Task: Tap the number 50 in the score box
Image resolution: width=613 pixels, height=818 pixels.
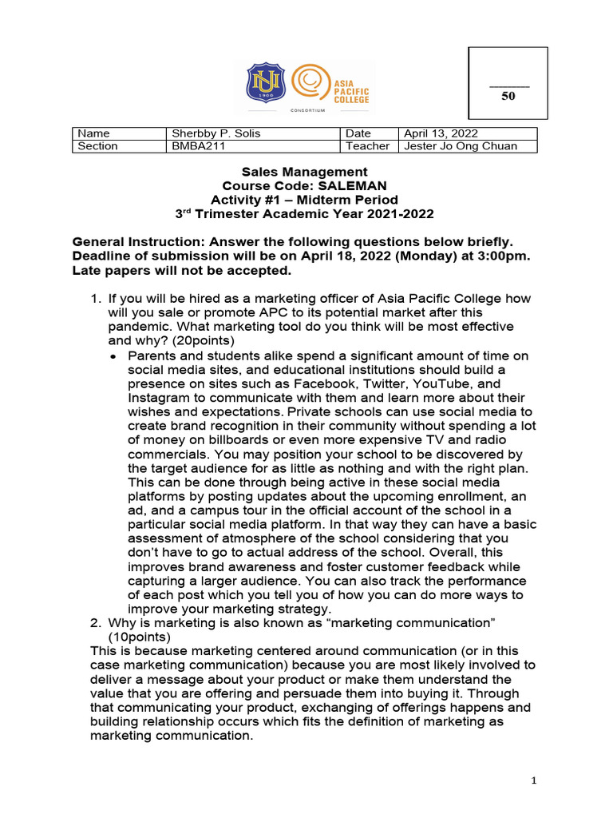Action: [508, 96]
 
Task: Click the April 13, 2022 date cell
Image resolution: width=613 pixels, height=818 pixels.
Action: [441, 133]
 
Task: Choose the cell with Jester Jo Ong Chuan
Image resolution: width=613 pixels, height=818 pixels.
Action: [461, 146]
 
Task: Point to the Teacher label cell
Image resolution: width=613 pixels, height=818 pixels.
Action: [368, 146]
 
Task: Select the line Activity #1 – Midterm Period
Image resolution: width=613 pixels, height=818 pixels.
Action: [304, 200]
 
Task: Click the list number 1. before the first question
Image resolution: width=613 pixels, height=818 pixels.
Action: [95, 299]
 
